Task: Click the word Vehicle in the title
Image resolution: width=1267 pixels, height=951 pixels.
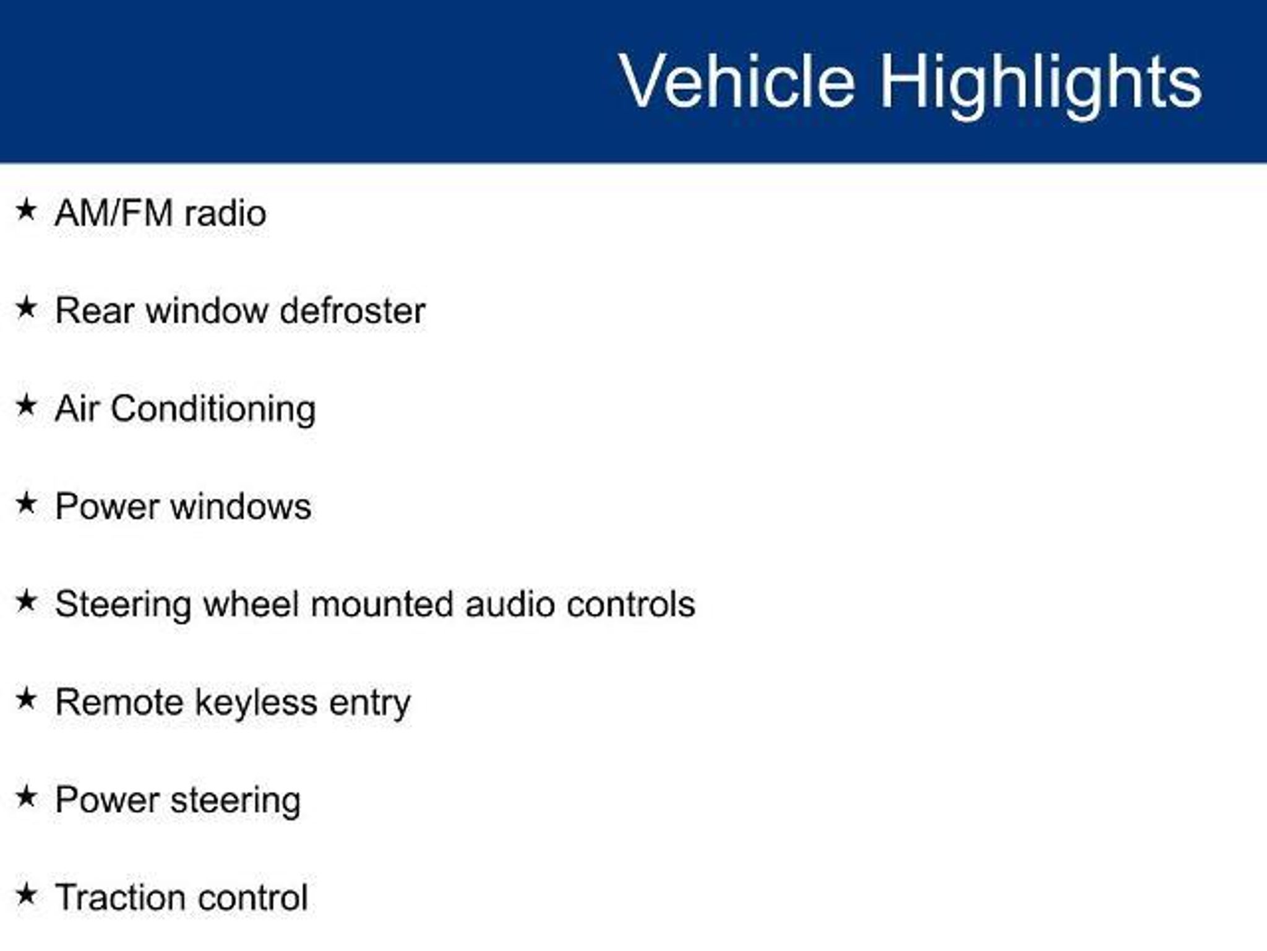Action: [737, 81]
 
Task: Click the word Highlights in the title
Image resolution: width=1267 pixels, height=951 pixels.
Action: [1041, 85]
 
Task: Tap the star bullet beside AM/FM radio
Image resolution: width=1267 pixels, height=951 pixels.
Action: [26, 209]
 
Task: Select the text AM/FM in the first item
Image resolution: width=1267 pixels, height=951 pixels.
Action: [114, 213]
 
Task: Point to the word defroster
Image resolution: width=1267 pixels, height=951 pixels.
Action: [353, 310]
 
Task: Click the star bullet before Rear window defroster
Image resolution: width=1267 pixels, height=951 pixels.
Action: [26, 307]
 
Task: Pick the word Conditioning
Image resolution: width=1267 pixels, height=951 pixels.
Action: [213, 410]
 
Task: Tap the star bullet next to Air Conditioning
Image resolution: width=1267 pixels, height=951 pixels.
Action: [26, 406]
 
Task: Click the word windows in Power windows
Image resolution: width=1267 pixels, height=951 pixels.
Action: [241, 506]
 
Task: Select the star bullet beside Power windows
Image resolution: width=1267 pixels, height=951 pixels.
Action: [26, 503]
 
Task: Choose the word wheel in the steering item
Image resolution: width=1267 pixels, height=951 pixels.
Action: [251, 604]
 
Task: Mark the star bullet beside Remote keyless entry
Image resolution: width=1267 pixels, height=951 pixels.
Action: [26, 699]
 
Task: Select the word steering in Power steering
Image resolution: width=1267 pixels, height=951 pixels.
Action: [236, 801]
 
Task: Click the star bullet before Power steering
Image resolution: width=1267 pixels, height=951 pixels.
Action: [26, 797]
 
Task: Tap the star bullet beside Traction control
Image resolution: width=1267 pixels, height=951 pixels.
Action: [26, 895]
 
